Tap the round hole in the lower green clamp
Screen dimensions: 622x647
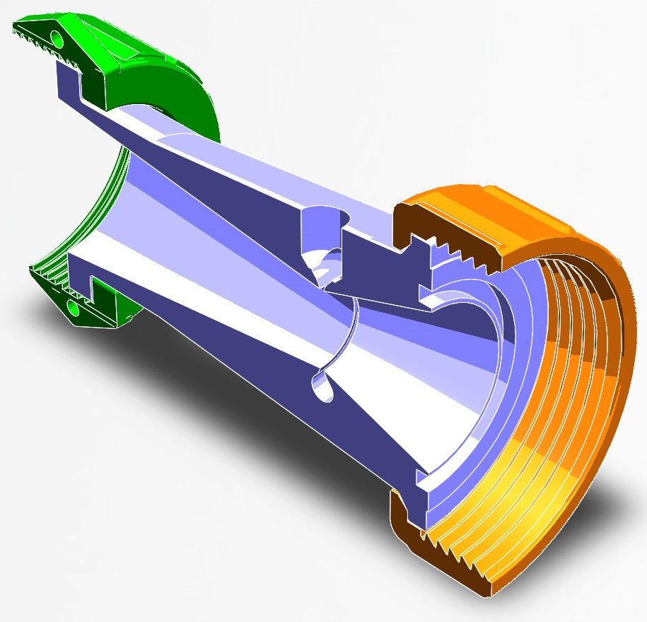click(72, 308)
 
